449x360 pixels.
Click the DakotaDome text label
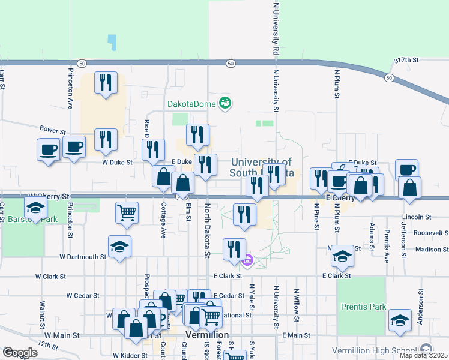pos(191,104)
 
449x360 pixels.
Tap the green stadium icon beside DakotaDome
pos(226,104)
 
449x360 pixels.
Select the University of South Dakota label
pos(261,167)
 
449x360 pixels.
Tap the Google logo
pos(20,353)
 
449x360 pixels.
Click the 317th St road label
pos(405,61)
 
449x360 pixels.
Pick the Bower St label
pos(52,130)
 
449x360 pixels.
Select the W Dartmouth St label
pos(83,257)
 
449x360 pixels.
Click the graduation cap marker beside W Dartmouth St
pos(119,247)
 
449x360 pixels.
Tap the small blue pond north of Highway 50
pos(112,41)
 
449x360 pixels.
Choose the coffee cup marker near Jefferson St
pos(406,170)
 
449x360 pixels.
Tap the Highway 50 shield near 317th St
pos(390,78)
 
